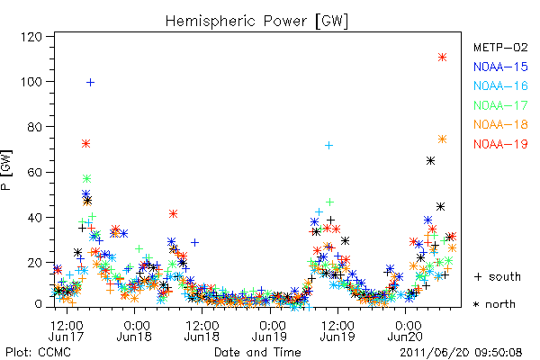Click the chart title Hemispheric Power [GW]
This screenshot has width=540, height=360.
pos(256,22)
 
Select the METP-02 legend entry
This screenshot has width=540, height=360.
pos(500,47)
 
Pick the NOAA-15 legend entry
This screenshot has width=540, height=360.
pos(500,67)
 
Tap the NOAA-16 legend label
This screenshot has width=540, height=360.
pos(500,85)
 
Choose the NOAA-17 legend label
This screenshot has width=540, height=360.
pos(500,105)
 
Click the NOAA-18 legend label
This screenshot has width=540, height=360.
pos(500,124)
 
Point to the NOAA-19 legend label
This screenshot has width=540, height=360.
pos(500,144)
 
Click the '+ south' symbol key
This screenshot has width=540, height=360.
pos(498,276)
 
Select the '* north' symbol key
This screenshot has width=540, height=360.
pos(494,304)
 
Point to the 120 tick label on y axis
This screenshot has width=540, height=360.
pos(31,37)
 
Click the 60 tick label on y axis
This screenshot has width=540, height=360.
pos(35,172)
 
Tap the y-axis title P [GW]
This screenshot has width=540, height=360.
pos(6,169)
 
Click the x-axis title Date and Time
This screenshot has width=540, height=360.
pos(257,353)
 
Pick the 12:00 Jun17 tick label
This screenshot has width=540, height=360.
pos(67,331)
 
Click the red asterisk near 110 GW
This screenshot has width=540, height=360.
pos(442,58)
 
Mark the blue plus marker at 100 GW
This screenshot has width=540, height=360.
pos(90,82)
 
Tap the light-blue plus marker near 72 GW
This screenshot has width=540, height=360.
pos(328,146)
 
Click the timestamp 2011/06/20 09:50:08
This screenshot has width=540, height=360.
pos(461,353)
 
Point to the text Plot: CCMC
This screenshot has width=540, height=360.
pos(38,353)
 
